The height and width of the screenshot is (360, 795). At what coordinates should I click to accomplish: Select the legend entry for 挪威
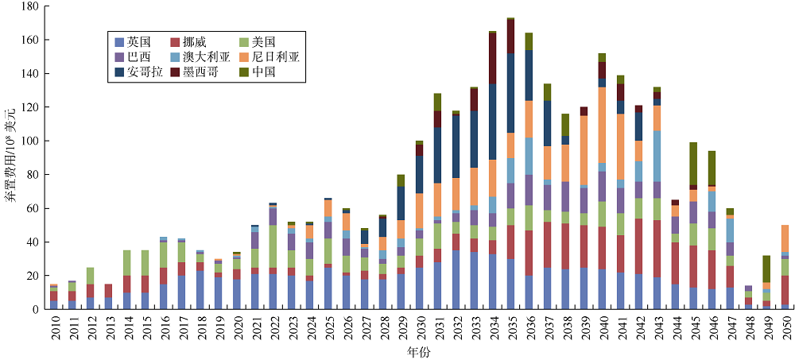point(196,42)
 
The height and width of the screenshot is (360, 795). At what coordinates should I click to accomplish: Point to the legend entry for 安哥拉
point(142,72)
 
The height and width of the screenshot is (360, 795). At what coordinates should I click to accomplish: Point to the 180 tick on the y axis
point(29,6)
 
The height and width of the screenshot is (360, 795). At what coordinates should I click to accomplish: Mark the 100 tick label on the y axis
point(29,141)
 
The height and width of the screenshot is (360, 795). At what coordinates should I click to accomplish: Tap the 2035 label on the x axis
point(510,327)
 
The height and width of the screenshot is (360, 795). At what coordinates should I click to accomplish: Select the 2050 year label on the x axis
point(785,327)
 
